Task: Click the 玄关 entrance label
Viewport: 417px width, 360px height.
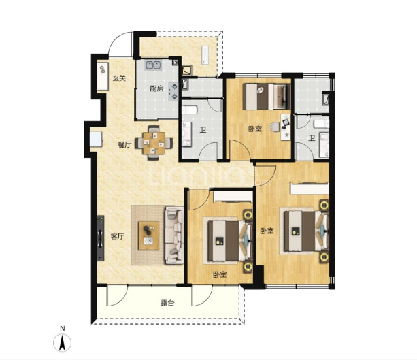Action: point(118,78)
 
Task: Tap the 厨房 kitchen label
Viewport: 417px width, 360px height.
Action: point(156,88)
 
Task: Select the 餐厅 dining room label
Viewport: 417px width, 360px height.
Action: point(124,145)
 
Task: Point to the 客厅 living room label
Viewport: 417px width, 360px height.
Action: point(117,236)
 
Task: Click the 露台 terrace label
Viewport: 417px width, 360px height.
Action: point(167,303)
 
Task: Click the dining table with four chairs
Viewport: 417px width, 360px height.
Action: point(154,143)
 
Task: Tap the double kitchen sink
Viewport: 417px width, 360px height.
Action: point(153,65)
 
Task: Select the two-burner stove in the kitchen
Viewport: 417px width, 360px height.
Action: point(173,91)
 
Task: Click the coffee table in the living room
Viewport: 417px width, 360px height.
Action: point(149,235)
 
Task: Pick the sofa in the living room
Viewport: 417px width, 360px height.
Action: point(174,235)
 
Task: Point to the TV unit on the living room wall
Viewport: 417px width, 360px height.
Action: point(100,238)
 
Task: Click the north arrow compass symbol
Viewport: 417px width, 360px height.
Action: point(62,342)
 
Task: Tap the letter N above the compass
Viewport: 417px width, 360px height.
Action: point(62,329)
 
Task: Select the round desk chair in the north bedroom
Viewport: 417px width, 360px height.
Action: point(275,127)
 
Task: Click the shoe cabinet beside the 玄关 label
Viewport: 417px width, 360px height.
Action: point(103,76)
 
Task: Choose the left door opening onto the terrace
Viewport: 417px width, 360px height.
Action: point(117,295)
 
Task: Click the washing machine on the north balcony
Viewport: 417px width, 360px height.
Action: point(205,56)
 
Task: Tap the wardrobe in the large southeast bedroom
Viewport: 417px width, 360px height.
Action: point(310,189)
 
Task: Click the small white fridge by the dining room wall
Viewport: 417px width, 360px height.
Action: point(96,139)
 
